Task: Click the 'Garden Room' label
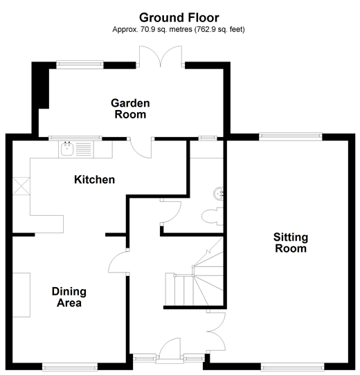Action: tap(130, 109)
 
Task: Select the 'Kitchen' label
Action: tap(94, 180)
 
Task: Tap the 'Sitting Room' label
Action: tap(291, 242)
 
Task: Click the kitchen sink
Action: tap(69, 147)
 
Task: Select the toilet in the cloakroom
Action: tap(212, 215)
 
